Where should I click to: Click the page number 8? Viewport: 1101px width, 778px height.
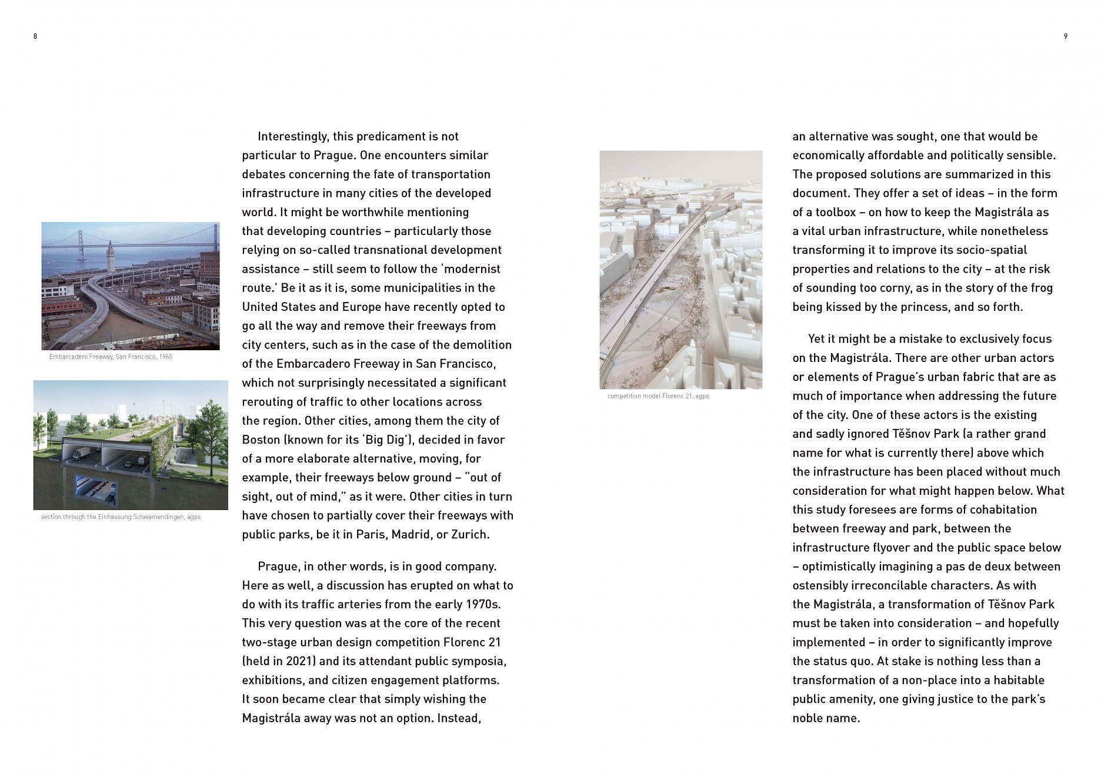(x=35, y=36)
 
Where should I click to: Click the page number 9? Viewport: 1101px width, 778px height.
(x=1066, y=36)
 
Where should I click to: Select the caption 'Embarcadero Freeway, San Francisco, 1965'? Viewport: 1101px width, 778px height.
(x=111, y=357)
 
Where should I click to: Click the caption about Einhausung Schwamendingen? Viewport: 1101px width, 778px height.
(x=121, y=517)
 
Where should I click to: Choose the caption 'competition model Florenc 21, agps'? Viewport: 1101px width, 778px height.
(x=658, y=396)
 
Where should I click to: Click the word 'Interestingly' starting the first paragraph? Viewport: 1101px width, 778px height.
(x=292, y=136)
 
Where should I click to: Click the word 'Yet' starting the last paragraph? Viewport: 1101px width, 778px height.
(x=817, y=339)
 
